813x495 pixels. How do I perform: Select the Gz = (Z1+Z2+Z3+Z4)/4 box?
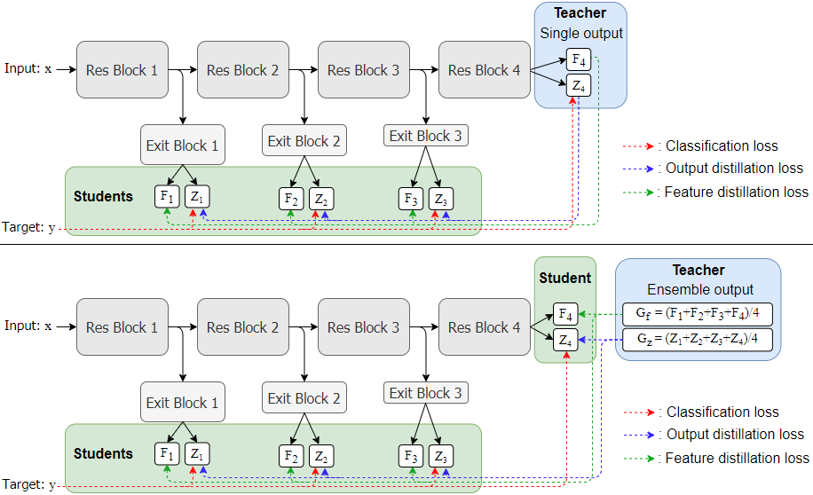[697, 340]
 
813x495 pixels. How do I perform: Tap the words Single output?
[581, 34]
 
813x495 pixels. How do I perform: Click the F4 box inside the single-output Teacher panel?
[579, 60]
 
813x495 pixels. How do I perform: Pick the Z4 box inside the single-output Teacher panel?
[579, 86]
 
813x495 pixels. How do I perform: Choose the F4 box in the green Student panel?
[564, 313]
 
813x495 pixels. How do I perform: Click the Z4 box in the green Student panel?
[564, 340]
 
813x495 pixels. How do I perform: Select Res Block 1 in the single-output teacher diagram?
[122, 70]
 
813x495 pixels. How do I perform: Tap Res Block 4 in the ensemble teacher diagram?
[484, 327]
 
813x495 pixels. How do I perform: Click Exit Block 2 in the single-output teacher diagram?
[304, 141]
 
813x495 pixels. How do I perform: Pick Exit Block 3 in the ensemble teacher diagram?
[426, 393]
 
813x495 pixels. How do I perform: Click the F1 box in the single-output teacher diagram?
[167, 196]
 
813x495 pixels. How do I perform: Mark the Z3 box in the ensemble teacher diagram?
[438, 456]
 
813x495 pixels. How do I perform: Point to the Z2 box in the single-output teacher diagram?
[321, 198]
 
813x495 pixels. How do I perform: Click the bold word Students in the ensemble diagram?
[103, 453]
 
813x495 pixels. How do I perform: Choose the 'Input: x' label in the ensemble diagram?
[28, 326]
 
